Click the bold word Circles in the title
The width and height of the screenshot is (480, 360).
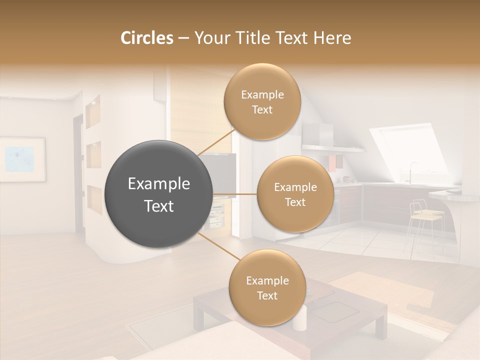point(147,38)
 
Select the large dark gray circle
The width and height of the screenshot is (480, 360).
point(159,194)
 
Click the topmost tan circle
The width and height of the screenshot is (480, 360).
point(262,101)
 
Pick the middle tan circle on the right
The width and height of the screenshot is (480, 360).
point(295,194)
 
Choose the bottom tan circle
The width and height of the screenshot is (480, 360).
point(267,287)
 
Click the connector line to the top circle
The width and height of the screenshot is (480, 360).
point(216,141)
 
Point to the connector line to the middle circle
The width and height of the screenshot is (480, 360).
point(235,194)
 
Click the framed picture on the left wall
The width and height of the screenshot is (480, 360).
point(22,159)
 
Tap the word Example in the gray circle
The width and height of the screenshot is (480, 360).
point(159,184)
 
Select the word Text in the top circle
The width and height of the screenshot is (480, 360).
point(262,109)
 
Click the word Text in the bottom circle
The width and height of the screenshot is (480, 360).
point(267,295)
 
